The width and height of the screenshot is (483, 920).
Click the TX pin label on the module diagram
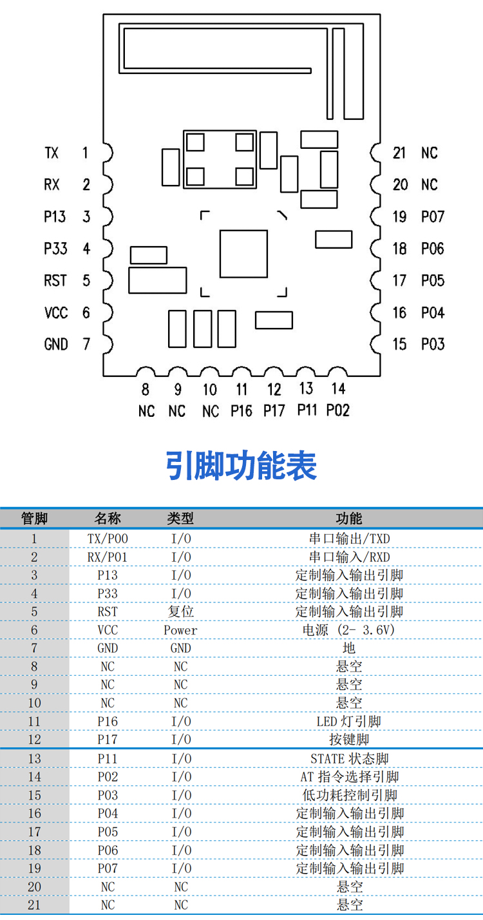coord(52,153)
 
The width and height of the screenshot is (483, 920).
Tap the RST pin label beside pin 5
coord(55,281)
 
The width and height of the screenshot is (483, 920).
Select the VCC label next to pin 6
coord(56,313)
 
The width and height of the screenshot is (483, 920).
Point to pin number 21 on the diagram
coord(400,153)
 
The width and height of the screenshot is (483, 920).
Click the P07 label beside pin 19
coord(433,217)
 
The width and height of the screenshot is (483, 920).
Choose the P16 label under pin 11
coord(241,410)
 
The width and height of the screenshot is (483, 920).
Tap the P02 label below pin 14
coord(337,410)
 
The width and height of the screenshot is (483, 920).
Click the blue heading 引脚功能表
coord(241,466)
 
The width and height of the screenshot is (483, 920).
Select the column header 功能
coord(349,519)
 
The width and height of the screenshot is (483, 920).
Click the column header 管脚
coord(34,519)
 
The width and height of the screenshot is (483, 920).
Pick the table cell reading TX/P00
coord(108,539)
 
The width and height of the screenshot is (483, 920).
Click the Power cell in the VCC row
coord(180,630)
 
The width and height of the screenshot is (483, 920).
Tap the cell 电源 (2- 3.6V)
coord(349,630)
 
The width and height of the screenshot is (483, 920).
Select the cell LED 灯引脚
coord(349,722)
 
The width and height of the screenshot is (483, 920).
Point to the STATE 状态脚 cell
coord(349,759)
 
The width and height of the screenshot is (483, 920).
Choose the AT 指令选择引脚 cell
coord(349,777)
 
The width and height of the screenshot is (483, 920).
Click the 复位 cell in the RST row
coord(180,611)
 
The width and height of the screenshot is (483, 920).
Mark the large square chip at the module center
coord(243,254)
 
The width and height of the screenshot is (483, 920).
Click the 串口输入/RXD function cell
coord(349,557)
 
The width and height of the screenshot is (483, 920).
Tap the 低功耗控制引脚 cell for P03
coord(349,796)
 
